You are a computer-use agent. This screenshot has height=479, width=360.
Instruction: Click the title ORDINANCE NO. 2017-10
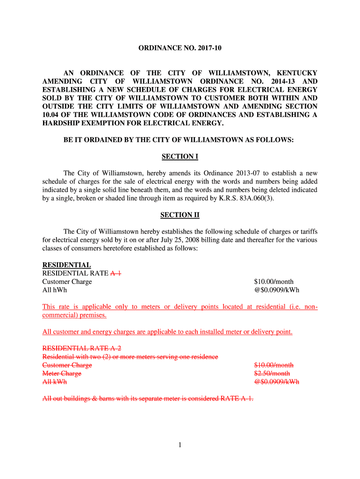tap(180, 48)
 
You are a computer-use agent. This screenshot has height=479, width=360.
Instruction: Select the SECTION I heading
tap(180, 156)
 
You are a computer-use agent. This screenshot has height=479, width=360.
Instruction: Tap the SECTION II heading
tap(180, 215)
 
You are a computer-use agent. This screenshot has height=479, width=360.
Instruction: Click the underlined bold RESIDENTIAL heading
tap(66, 265)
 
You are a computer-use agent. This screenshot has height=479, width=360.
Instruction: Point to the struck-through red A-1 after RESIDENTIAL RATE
tap(115, 273)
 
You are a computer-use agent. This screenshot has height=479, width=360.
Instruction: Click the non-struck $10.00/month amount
tap(274, 282)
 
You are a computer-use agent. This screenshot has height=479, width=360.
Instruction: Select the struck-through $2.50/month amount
tap(272, 373)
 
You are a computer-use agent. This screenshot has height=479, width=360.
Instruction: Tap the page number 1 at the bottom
tap(180, 445)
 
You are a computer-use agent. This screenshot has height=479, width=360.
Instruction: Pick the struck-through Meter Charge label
tap(62, 373)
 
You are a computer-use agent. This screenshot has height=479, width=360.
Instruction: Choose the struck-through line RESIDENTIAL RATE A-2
tap(82, 348)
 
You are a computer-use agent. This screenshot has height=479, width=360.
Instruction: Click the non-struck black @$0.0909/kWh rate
tap(277, 290)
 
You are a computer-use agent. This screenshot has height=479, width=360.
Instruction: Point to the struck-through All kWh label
tap(55, 382)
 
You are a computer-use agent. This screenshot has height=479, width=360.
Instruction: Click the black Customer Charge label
tap(67, 282)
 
